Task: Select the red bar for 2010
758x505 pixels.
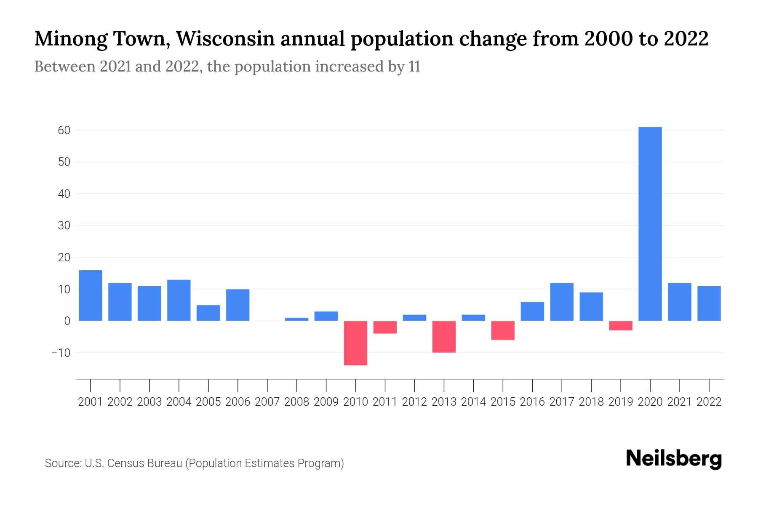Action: click(356, 343)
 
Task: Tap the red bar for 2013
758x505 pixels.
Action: click(444, 337)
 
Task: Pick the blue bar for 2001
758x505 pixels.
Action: click(91, 295)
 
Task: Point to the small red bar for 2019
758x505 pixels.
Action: click(621, 326)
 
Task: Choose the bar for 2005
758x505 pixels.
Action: click(208, 313)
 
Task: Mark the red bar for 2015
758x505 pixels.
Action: click(503, 330)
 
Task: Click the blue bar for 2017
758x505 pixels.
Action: click(562, 302)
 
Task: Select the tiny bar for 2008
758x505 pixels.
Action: click(297, 319)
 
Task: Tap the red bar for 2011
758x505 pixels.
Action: click(385, 327)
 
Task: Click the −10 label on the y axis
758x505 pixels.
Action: click(61, 353)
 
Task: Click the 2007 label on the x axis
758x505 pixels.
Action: click(267, 402)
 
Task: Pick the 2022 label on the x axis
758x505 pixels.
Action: click(709, 402)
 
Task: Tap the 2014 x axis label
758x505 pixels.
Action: click(473, 402)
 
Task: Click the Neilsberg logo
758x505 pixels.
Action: click(674, 459)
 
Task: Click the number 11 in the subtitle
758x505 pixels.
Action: click(414, 66)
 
